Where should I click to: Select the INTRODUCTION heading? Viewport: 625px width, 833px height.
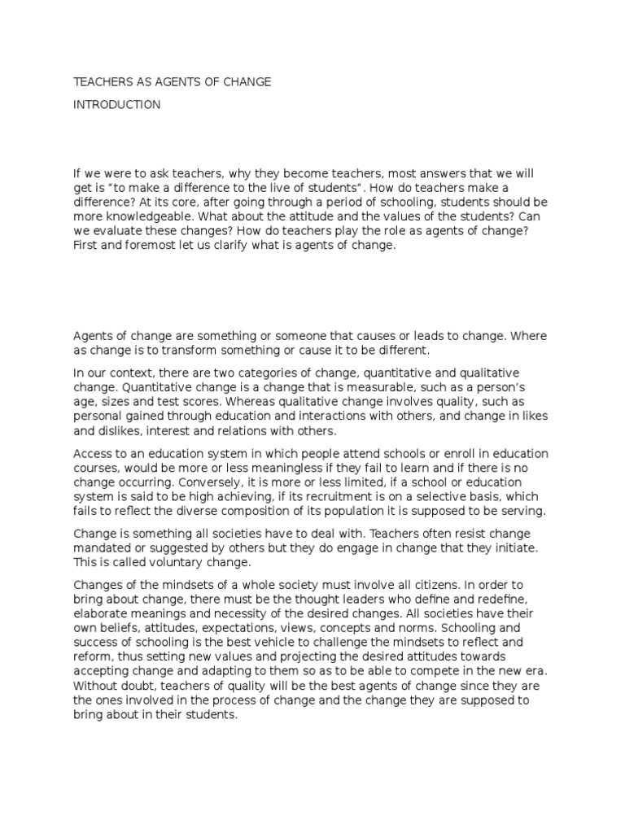pyautogui.click(x=117, y=105)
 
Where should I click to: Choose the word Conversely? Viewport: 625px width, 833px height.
pyautogui.click(x=177, y=482)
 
